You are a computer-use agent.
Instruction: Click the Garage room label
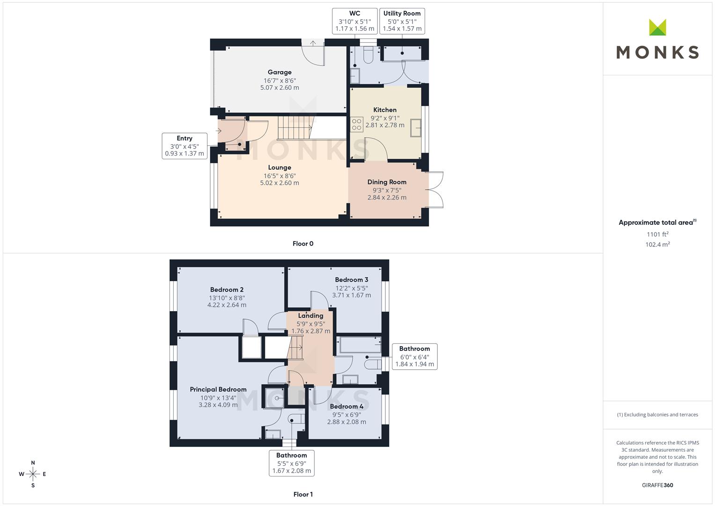pyautogui.click(x=279, y=72)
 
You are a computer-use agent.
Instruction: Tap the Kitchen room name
pyautogui.click(x=384, y=110)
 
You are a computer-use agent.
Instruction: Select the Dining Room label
pyautogui.click(x=387, y=182)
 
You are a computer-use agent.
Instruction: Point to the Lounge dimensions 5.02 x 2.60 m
pyautogui.click(x=279, y=183)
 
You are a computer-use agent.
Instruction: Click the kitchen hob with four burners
pyautogui.click(x=356, y=125)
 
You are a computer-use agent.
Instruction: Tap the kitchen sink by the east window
pyautogui.click(x=415, y=128)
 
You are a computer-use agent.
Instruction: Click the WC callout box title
pyautogui.click(x=354, y=14)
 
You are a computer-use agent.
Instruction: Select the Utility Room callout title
pyautogui.click(x=402, y=14)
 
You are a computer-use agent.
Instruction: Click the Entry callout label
pyautogui.click(x=184, y=138)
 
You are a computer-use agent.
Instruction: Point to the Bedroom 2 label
pyautogui.click(x=227, y=290)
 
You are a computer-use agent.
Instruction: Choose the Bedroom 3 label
pyautogui.click(x=352, y=280)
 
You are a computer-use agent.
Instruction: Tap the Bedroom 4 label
pyautogui.click(x=346, y=407)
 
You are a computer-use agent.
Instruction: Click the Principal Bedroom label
pyautogui.click(x=218, y=389)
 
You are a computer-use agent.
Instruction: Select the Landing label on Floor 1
pyautogui.click(x=310, y=316)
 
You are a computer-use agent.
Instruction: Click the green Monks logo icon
pyautogui.click(x=657, y=27)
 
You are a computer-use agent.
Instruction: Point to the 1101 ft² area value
pyautogui.click(x=657, y=234)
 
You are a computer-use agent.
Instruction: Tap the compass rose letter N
pyautogui.click(x=33, y=463)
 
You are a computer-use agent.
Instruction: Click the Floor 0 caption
pyautogui.click(x=303, y=244)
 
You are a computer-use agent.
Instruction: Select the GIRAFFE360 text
pyautogui.click(x=657, y=485)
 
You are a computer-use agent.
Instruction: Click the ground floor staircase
pyautogui.click(x=295, y=128)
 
